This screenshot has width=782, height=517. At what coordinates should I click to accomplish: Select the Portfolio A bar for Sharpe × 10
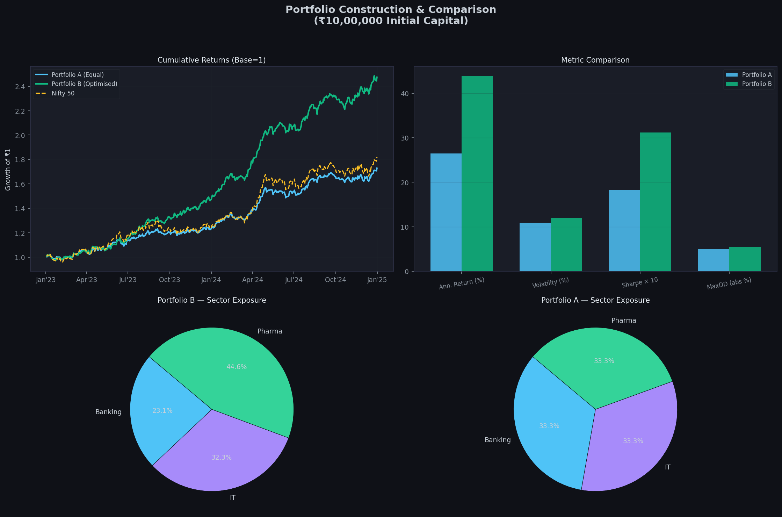coord(624,231)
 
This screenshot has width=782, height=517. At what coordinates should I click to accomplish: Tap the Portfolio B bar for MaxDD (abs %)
coord(745,259)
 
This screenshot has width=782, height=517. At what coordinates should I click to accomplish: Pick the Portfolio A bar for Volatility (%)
coord(535,247)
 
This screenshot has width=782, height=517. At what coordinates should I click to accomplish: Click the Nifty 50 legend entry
coord(63,93)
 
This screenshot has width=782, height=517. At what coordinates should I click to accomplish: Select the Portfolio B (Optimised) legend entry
coord(84,84)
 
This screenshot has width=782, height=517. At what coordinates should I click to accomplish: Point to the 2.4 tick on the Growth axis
coord(20,87)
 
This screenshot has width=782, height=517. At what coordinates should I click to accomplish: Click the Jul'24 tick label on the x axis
coord(294,280)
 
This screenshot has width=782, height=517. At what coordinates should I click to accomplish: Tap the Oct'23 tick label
coord(169,280)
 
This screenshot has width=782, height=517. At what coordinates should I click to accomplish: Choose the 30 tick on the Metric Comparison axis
coord(405,138)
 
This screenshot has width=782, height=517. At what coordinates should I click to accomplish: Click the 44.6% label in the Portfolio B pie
coord(237,367)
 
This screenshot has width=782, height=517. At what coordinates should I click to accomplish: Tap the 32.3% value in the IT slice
coord(222,458)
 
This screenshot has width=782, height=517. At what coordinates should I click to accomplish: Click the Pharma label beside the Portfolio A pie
coord(624,321)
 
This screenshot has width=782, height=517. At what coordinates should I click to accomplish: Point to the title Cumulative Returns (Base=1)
coord(211,60)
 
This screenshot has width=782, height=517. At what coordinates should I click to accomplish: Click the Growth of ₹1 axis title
coord(8,170)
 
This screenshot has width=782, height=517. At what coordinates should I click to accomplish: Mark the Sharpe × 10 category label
coord(640,283)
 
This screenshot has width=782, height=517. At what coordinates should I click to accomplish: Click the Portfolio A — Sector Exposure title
coord(595,300)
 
